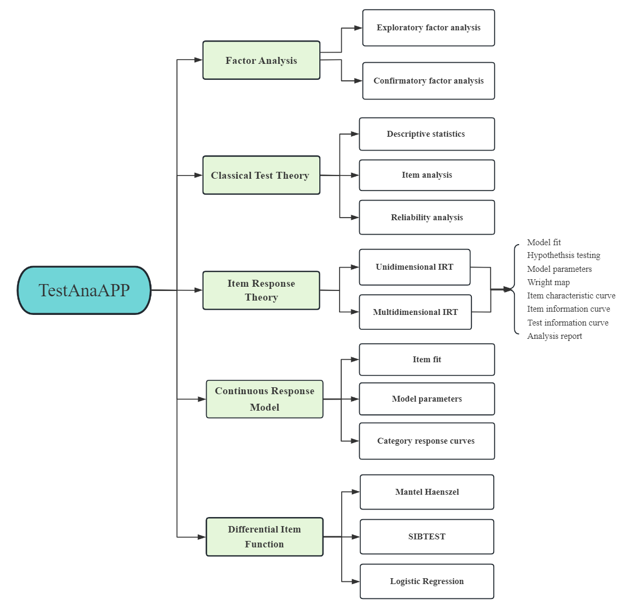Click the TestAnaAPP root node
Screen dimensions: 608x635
[x=84, y=290]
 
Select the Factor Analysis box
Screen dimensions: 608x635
[x=261, y=61]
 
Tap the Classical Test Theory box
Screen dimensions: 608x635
[x=261, y=176]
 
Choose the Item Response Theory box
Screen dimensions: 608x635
[x=261, y=290]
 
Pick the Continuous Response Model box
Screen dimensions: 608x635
[x=265, y=399]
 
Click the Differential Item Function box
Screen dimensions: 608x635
[x=265, y=537]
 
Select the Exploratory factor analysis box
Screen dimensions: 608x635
[x=428, y=28]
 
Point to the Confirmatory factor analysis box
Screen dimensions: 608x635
[x=428, y=81]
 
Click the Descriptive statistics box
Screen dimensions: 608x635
[x=427, y=134]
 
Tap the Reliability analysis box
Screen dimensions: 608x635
[x=427, y=218]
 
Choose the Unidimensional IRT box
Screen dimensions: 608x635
[x=414, y=267]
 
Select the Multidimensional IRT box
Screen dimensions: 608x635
[x=415, y=312]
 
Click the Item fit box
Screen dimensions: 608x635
[x=427, y=360]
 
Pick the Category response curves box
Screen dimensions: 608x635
[x=427, y=441]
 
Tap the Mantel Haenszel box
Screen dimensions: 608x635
[x=427, y=492]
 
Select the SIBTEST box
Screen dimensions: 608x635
[x=427, y=537]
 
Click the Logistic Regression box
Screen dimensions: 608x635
[x=427, y=581]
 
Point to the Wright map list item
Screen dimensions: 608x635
[x=548, y=282]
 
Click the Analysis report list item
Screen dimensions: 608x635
[x=554, y=336]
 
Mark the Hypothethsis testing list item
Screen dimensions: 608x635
[x=563, y=255]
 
